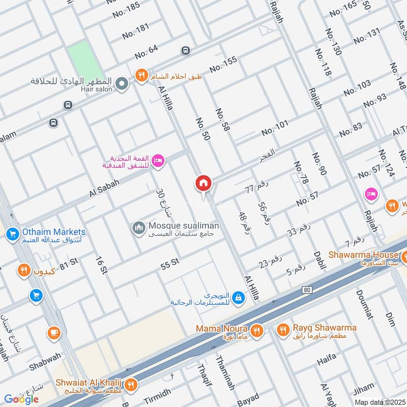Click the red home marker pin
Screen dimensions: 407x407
[x=203, y=183]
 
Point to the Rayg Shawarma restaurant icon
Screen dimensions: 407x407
[x=283, y=331]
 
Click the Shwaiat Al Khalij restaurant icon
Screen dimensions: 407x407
[x=131, y=385]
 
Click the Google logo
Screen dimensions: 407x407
[x=21, y=399]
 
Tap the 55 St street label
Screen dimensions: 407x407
[x=170, y=263]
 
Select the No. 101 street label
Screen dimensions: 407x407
[x=275, y=128]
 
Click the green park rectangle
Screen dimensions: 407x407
[x=84, y=61]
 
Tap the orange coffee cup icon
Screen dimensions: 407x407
[x=53, y=333]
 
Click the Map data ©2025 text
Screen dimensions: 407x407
[x=379, y=402]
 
